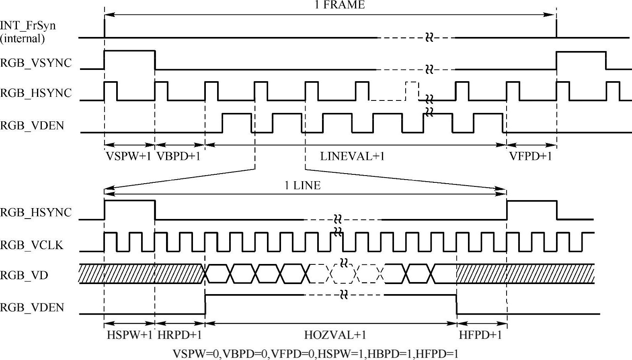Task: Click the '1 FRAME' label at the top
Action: (339, 5)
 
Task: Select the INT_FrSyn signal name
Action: (28, 26)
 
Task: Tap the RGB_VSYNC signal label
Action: (36, 63)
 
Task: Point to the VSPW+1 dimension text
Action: (129, 156)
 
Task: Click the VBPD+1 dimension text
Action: (178, 156)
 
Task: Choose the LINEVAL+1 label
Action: (352, 156)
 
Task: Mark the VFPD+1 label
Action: (531, 156)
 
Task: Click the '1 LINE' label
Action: (302, 186)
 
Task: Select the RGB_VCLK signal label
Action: (32, 245)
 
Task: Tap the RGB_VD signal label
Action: (24, 276)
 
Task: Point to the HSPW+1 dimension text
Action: (129, 335)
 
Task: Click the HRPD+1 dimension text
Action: (179, 335)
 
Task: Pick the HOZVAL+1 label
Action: (335, 335)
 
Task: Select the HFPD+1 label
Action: (480, 335)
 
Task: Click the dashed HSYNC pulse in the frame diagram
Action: (412, 91)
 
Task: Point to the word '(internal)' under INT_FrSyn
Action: (23, 39)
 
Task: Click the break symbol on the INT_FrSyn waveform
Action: (429, 38)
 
